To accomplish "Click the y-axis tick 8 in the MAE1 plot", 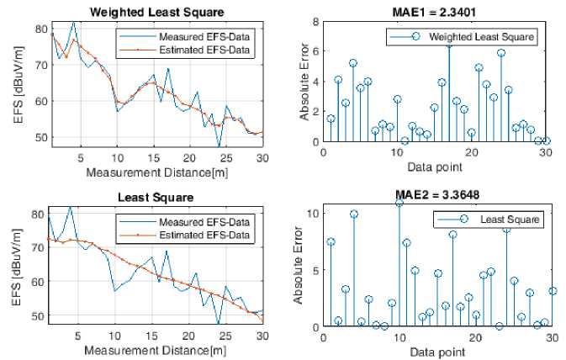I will [x=315, y=21].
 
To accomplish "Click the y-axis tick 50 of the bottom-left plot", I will [x=36, y=316].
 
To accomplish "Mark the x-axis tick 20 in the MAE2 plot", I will [x=476, y=336].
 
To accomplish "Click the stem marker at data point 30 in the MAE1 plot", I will [x=546, y=140].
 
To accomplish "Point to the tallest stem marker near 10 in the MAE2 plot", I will [x=399, y=203].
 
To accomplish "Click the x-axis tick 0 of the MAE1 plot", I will [x=324, y=152].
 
